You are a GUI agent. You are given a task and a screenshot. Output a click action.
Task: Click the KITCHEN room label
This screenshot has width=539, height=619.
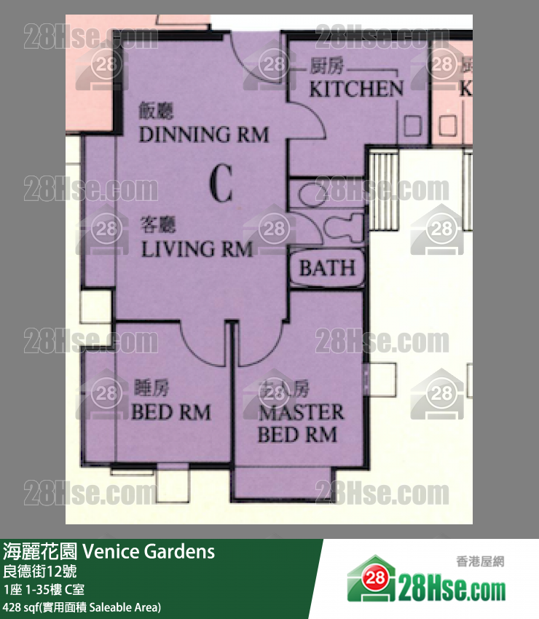[356, 90]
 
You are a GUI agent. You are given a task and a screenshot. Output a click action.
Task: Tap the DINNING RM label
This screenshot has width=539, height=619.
[203, 135]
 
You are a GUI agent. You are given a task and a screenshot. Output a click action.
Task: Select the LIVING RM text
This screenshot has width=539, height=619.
[197, 250]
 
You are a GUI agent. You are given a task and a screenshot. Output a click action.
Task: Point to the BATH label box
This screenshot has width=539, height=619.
[327, 267]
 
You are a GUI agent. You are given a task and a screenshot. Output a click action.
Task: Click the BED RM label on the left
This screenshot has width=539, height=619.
[170, 413]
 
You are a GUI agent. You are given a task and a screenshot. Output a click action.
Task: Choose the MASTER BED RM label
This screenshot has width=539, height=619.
[301, 424]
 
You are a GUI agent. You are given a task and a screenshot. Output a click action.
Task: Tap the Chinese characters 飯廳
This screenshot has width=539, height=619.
[157, 111]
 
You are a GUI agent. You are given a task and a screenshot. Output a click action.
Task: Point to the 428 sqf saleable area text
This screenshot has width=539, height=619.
[82, 607]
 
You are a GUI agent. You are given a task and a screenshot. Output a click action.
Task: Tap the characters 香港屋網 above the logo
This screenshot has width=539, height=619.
[480, 561]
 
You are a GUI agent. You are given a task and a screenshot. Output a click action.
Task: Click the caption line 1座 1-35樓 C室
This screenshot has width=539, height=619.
[44, 589]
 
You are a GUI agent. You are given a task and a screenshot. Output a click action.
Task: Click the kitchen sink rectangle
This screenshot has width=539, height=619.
[413, 127]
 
